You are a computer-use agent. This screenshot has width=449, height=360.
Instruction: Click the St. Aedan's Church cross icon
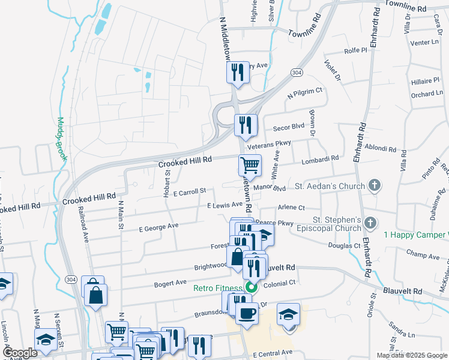[375, 185]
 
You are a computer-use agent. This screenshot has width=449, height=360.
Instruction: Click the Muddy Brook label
[62, 142]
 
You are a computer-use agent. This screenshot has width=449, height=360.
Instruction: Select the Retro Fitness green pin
[252, 287]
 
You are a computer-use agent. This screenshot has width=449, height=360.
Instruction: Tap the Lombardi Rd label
[321, 158]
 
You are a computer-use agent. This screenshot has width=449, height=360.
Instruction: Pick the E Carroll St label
[189, 191]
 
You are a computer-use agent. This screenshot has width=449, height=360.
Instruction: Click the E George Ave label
[158, 227]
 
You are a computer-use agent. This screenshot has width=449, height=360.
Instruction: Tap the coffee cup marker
[246, 313]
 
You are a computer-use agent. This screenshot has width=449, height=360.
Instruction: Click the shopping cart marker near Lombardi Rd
[250, 164]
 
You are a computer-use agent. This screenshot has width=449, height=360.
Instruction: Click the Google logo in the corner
[20, 353]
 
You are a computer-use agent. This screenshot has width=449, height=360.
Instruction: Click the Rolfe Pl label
[355, 52]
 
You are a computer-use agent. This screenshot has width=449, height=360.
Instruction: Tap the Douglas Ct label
[343, 245]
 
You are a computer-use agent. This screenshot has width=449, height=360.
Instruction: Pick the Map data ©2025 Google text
[412, 355]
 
